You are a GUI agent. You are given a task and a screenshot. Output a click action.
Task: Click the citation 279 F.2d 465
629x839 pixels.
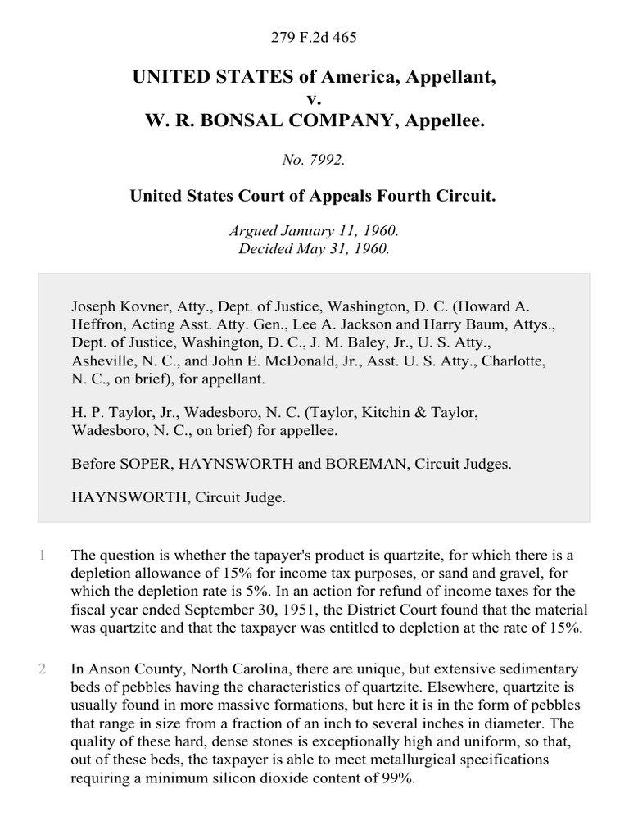pyautogui.click(x=314, y=37)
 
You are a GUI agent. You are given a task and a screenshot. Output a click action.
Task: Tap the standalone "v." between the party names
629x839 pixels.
pyautogui.click(x=314, y=99)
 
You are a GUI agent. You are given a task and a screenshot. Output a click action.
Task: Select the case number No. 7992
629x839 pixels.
pyautogui.click(x=314, y=161)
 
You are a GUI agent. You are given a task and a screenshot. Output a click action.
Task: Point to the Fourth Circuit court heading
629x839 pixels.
pyautogui.click(x=314, y=197)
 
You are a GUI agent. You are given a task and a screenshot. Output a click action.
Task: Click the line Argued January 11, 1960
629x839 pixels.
pyautogui.click(x=314, y=232)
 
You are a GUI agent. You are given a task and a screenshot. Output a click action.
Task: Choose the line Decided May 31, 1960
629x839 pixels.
pyautogui.click(x=314, y=249)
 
